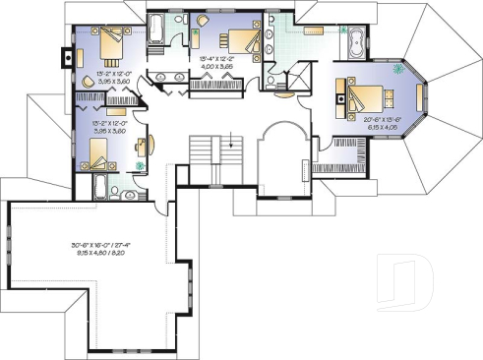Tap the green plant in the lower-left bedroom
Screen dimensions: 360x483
coord(140,166)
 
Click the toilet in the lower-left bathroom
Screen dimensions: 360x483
coord(116,186)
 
